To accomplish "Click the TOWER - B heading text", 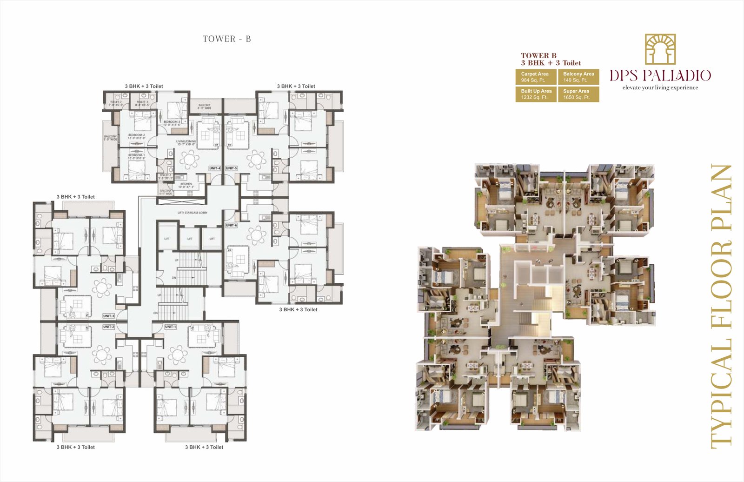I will [226, 39].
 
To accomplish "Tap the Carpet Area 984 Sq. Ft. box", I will [536, 77].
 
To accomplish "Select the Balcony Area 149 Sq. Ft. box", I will [578, 77].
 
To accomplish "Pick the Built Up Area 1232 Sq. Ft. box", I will [536, 94].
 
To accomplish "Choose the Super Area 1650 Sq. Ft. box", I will [578, 94].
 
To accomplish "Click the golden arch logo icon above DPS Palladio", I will [660, 49].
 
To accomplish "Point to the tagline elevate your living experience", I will [660, 87].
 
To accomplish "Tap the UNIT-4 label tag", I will [215, 168].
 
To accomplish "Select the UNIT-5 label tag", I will [231, 168].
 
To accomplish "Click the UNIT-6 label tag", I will [231, 225].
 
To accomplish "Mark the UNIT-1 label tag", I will [170, 327].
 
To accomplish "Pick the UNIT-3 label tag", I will [108, 316].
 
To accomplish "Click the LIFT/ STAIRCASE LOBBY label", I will [192, 213].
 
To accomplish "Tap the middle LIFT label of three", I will [190, 239].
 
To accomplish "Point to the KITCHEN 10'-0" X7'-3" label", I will [186, 185].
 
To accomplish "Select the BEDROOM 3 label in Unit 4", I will [172, 123].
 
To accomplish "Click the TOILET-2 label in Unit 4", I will [115, 103].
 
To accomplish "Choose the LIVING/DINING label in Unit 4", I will [186, 142].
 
